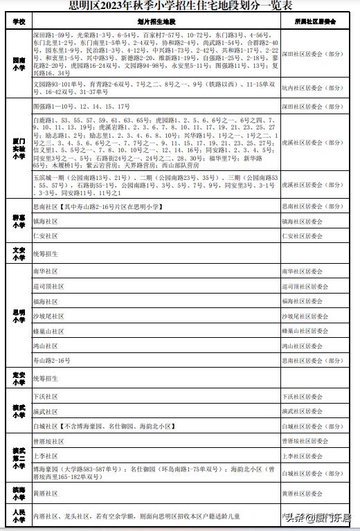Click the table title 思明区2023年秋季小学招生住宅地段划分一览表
pyautogui.click(x=179, y=6)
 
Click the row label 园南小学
pyautogui.click(x=19, y=66)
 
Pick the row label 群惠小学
pyautogui.click(x=19, y=222)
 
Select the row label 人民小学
pyautogui.click(x=19, y=515)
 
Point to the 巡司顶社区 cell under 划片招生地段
pyautogui.click(x=48, y=286)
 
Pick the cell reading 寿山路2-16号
pyautogui.click(x=52, y=361)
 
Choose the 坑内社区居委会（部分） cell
pyautogui.click(x=312, y=88)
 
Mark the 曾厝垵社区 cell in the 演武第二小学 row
pyautogui.click(x=48, y=441)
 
